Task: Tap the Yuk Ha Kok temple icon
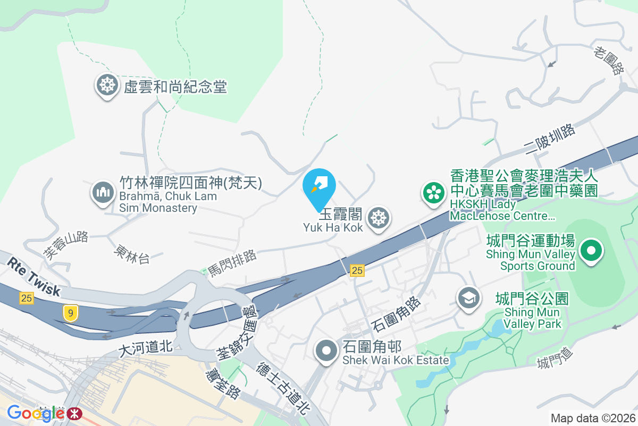coord(379,218)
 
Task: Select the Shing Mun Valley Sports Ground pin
coord(590,251)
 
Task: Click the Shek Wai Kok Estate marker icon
coord(325,351)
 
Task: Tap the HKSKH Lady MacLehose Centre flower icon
coord(434,192)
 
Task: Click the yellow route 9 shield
coord(70,313)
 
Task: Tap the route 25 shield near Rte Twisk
coord(27,298)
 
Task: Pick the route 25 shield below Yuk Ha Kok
coord(357,271)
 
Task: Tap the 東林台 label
coord(132,255)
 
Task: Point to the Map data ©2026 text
coord(592,419)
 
